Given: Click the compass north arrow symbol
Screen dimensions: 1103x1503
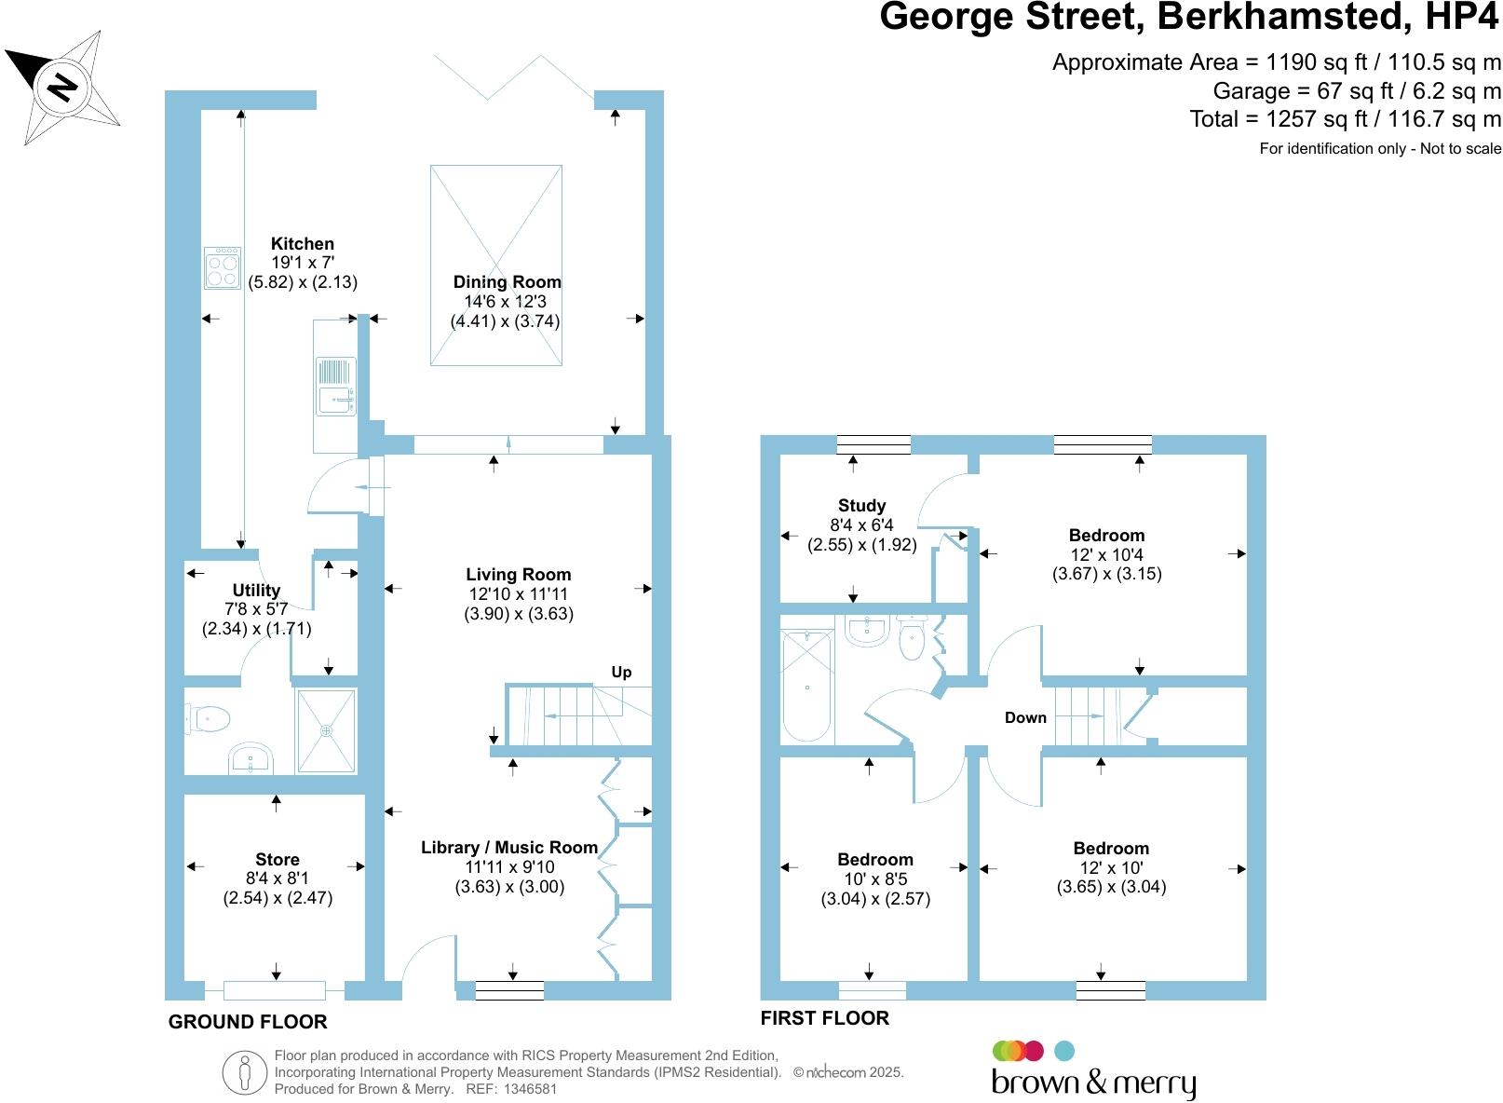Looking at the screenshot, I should pyautogui.click(x=62, y=86).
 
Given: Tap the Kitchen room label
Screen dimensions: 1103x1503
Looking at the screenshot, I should pyautogui.click(x=303, y=244).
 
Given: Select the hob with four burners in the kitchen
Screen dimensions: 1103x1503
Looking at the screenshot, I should pyautogui.click(x=223, y=267).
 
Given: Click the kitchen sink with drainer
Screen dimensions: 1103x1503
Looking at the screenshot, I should pyautogui.click(x=336, y=386).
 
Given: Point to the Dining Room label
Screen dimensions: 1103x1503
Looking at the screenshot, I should pyautogui.click(x=507, y=281).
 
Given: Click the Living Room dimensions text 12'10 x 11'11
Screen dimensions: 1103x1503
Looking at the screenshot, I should pyautogui.click(x=519, y=594).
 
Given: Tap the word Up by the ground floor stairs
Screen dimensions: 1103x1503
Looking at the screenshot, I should pyautogui.click(x=621, y=672).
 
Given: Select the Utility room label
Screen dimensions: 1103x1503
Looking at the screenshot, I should pyautogui.click(x=256, y=590).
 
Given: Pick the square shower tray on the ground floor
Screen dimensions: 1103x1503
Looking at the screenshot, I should pyautogui.click(x=326, y=730).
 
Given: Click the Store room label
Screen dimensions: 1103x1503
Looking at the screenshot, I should pyautogui.click(x=278, y=859).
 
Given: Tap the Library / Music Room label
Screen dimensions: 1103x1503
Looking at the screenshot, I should pyautogui.click(x=509, y=847).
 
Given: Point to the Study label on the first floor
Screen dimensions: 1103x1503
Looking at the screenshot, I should pyautogui.click(x=861, y=505).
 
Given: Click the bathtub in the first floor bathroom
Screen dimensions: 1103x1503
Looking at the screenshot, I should pyautogui.click(x=807, y=687).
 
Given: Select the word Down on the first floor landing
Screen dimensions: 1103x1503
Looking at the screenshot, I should pyautogui.click(x=1025, y=717).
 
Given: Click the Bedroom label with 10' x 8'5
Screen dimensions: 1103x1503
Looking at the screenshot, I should pyautogui.click(x=874, y=859).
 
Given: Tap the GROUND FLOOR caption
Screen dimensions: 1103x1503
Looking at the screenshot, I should pyautogui.click(x=248, y=1022).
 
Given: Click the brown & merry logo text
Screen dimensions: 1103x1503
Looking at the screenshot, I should pyautogui.click(x=1093, y=1083).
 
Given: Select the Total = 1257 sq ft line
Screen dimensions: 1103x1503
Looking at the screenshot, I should pyautogui.click(x=1345, y=119).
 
